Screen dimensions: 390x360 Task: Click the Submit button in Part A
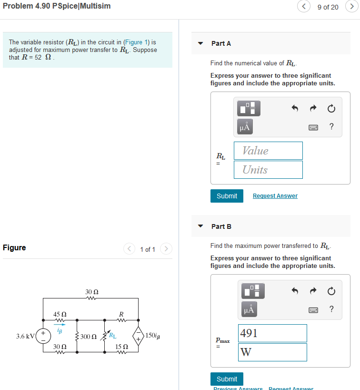[227, 196]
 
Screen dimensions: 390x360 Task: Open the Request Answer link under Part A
[275, 196]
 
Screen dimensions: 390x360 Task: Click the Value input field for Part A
[268, 151]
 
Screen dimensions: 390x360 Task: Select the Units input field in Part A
[268, 170]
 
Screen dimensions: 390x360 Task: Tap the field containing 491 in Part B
[272, 333]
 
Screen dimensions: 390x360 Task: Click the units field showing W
[272, 352]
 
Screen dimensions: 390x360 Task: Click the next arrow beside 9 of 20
[352, 7]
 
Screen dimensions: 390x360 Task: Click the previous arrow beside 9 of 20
[303, 7]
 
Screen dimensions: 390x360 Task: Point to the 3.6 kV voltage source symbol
[43, 336]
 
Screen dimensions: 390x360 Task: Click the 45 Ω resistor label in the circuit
[60, 314]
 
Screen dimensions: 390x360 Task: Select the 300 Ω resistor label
[89, 337]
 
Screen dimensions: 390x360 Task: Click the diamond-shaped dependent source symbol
[138, 336]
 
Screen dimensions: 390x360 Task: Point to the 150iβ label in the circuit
[153, 336]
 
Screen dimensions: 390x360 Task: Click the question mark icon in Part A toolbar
[331, 126]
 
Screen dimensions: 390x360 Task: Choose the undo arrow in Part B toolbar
[295, 290]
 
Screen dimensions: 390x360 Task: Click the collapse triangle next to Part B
[200, 226]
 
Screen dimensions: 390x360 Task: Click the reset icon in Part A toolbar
[331, 109]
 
